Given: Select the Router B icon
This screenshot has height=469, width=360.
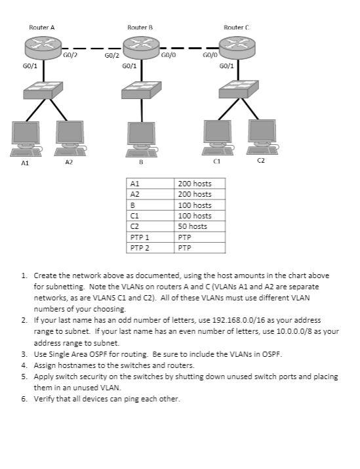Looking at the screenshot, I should click(x=140, y=47).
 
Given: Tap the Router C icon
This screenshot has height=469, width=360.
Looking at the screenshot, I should click(x=237, y=47).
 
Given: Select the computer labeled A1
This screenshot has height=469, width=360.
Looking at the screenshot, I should click(x=26, y=136).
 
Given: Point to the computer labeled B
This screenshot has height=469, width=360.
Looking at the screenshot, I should click(x=140, y=136).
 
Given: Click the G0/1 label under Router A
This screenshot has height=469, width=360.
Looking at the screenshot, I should click(x=30, y=66).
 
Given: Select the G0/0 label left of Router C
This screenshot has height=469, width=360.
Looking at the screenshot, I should click(x=210, y=57).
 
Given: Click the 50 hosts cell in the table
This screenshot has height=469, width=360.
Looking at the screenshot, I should click(x=193, y=226).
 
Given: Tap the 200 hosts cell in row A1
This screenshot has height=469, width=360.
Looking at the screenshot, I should click(x=195, y=184).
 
